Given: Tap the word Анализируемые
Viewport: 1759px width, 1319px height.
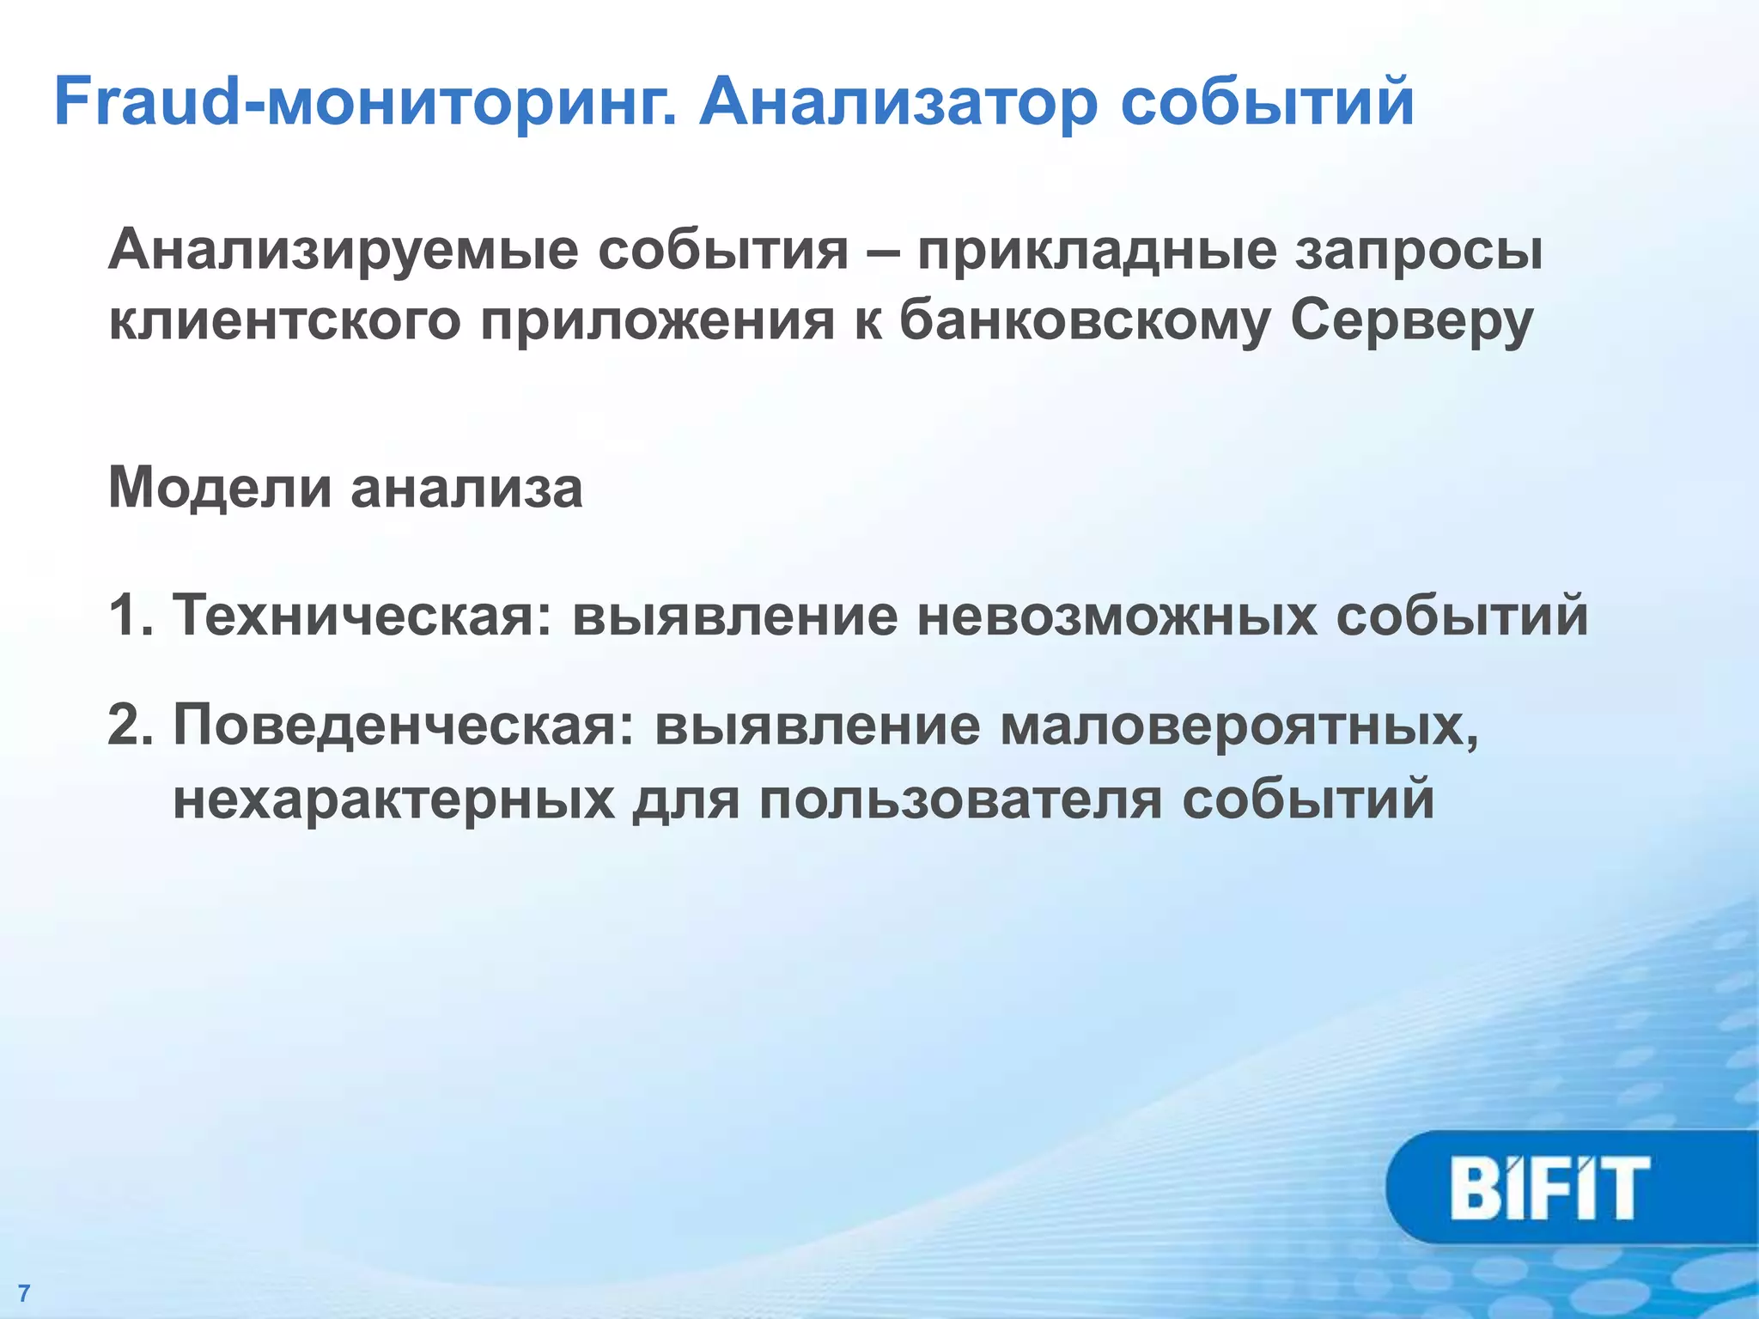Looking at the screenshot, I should click(x=344, y=252).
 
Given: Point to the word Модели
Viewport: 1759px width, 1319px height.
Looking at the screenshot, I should click(x=220, y=488).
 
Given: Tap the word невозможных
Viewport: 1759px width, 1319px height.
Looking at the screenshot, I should click(x=1117, y=615).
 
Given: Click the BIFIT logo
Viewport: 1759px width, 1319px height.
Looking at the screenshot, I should click(x=1551, y=1188).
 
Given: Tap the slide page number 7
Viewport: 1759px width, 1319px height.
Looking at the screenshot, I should click(x=23, y=1293).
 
